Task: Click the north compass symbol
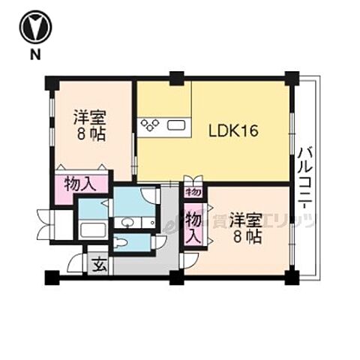tap(34, 28)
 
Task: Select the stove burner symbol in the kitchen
tap(148, 124)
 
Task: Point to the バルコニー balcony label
tap(305, 179)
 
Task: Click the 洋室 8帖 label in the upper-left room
tap(88, 126)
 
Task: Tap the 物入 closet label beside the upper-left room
tap(79, 184)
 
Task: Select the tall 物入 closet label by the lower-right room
tap(193, 226)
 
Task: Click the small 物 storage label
tap(193, 192)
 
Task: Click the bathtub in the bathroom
tap(93, 229)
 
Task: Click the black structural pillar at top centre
tap(176, 77)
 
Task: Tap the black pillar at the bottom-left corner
tap(50, 277)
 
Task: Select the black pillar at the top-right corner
tap(292, 77)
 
